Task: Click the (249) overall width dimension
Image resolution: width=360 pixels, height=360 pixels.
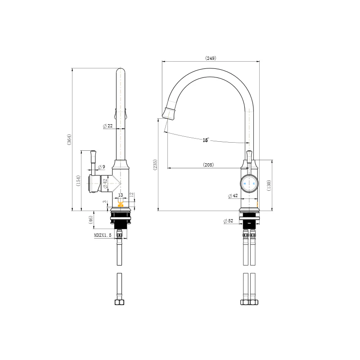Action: tap(211, 58)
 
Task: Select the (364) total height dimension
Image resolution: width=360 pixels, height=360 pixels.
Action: tap(69, 139)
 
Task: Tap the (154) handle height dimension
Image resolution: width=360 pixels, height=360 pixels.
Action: tap(78, 181)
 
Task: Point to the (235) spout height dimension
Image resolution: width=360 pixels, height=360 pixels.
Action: tap(155, 165)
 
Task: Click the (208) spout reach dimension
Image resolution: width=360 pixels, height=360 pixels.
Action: tap(208, 165)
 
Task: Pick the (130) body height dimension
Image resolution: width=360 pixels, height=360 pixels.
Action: tap(269, 185)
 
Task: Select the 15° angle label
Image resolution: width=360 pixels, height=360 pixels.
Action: tap(206, 140)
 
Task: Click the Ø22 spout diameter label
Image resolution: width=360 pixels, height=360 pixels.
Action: tap(108, 126)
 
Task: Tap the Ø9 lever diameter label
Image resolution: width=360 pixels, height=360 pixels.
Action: tap(102, 167)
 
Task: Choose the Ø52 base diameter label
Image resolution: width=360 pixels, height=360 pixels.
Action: tap(228, 221)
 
